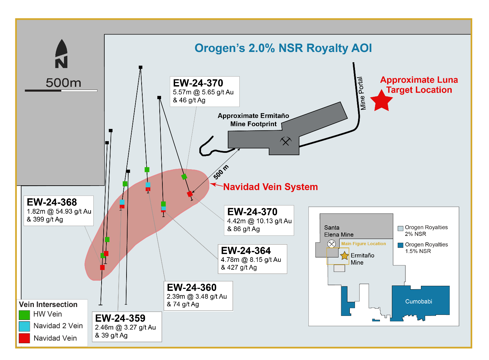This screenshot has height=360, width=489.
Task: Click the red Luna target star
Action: pos(381,101)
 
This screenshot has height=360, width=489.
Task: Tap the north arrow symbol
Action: pos(61,54)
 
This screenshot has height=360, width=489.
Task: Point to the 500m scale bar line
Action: pos(61,91)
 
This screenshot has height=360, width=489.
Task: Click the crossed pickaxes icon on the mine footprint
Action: pos(286,141)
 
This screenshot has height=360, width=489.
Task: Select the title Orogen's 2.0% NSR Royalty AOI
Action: pos(283,48)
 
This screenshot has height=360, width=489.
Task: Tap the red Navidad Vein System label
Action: pos(270,187)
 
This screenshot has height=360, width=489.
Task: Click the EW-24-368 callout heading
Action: pos(52,202)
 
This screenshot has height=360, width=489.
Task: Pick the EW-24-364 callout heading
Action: pos(246,251)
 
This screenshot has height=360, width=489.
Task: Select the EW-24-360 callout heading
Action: pos(191,288)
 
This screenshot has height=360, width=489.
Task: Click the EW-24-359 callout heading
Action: pos(120,318)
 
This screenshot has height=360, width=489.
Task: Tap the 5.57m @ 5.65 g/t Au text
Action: pos(203,92)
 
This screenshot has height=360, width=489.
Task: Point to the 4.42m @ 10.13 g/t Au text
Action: pos(259,221)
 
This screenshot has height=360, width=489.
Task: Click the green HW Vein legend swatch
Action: pos(24,315)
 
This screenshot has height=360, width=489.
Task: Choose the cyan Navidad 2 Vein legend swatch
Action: pos(24,326)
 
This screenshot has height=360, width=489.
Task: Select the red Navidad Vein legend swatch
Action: pos(24,338)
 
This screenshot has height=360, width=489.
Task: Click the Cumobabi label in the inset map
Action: pos(419,302)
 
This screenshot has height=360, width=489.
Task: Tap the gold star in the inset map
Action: pos(344,255)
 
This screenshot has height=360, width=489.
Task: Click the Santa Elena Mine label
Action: pos(339,231)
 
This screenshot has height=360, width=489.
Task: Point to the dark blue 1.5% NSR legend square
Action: pos(400,245)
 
